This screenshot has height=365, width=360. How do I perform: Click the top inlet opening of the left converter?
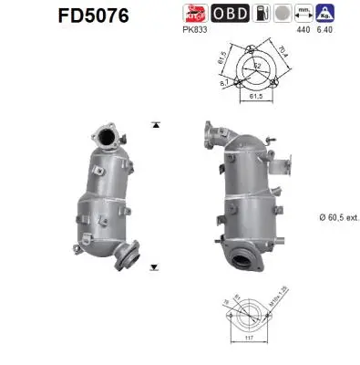(107, 138)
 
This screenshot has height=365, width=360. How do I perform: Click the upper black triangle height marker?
(157, 122)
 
